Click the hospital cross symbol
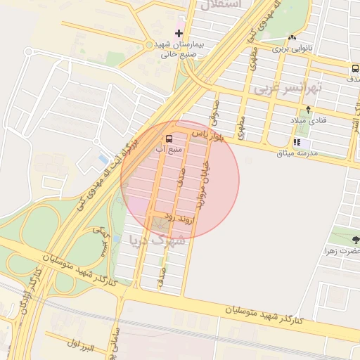click(x=179, y=32)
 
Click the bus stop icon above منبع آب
click(x=169, y=139)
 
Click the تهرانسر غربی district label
click(x=288, y=87)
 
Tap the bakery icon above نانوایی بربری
click(x=292, y=38)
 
